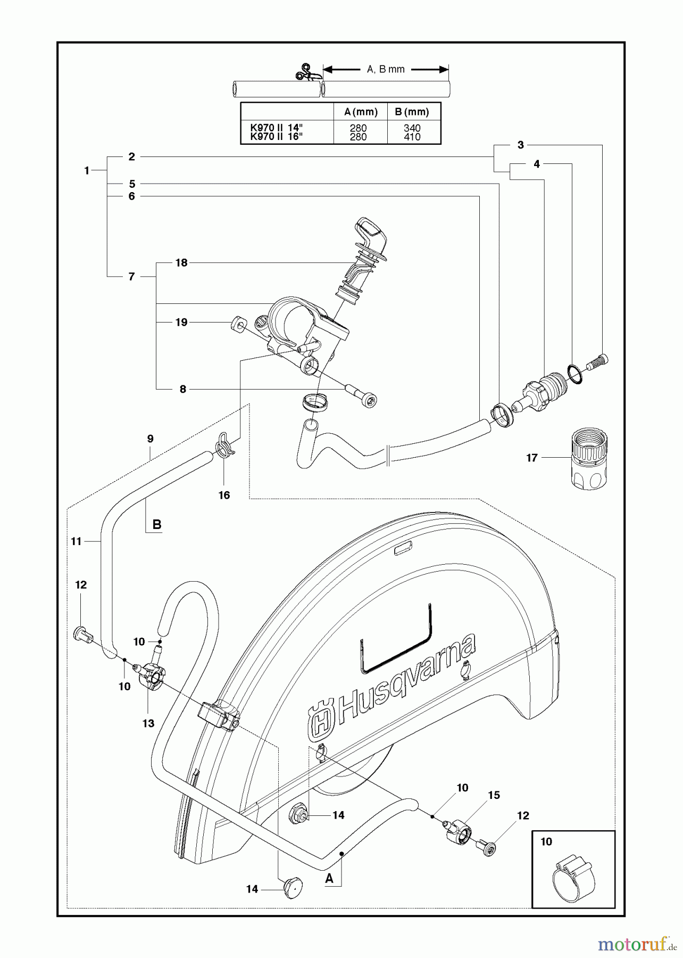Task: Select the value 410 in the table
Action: click(x=412, y=137)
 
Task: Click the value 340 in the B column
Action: click(x=412, y=128)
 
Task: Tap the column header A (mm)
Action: click(x=360, y=112)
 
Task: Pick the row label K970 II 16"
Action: click(x=276, y=137)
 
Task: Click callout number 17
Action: click(x=532, y=457)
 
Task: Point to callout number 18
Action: click(x=181, y=262)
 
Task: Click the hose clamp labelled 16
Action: click(x=224, y=445)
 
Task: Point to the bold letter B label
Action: click(x=157, y=524)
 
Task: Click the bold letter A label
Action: click(x=329, y=878)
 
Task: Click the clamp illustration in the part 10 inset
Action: click(x=573, y=876)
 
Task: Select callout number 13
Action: click(x=148, y=723)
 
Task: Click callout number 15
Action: click(x=494, y=795)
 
